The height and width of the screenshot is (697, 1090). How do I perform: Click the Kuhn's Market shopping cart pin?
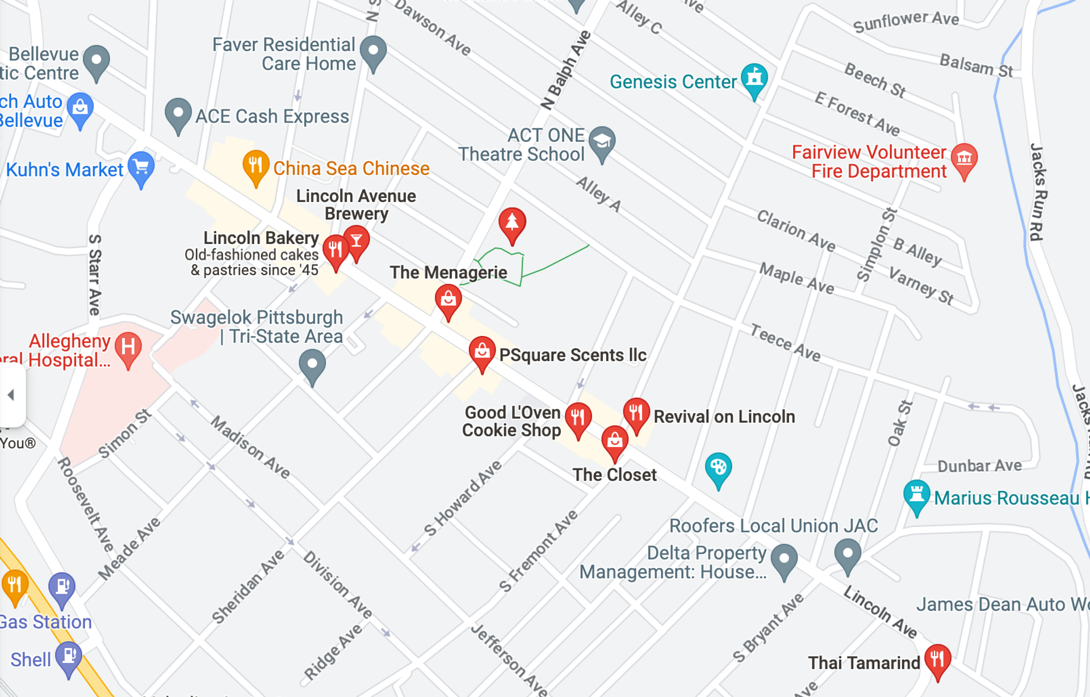[x=141, y=167]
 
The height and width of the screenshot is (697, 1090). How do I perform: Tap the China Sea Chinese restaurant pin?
[x=255, y=166]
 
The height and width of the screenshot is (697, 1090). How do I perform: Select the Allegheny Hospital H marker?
[x=128, y=347]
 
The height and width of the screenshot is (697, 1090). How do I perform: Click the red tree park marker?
[x=512, y=222]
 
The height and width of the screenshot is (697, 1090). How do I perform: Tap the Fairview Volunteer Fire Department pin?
[x=964, y=159]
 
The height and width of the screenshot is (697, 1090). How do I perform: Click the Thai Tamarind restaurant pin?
[x=937, y=660]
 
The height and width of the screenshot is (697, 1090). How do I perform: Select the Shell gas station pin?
[x=69, y=657]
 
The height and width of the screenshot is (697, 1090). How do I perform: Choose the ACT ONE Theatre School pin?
[x=602, y=142]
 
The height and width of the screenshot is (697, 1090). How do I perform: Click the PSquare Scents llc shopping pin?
[x=481, y=352]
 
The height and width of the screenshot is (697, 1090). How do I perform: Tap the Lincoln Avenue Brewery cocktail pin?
[x=357, y=241]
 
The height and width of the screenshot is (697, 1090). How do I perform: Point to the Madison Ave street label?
[x=250, y=447]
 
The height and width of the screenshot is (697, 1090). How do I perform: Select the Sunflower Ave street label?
[x=905, y=22]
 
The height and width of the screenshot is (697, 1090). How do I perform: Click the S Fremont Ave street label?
[x=538, y=551]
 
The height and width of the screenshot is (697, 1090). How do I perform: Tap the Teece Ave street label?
[x=785, y=342]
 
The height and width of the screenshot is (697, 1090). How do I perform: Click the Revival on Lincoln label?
[x=724, y=417]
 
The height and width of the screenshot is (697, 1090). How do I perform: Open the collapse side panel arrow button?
[x=10, y=394]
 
